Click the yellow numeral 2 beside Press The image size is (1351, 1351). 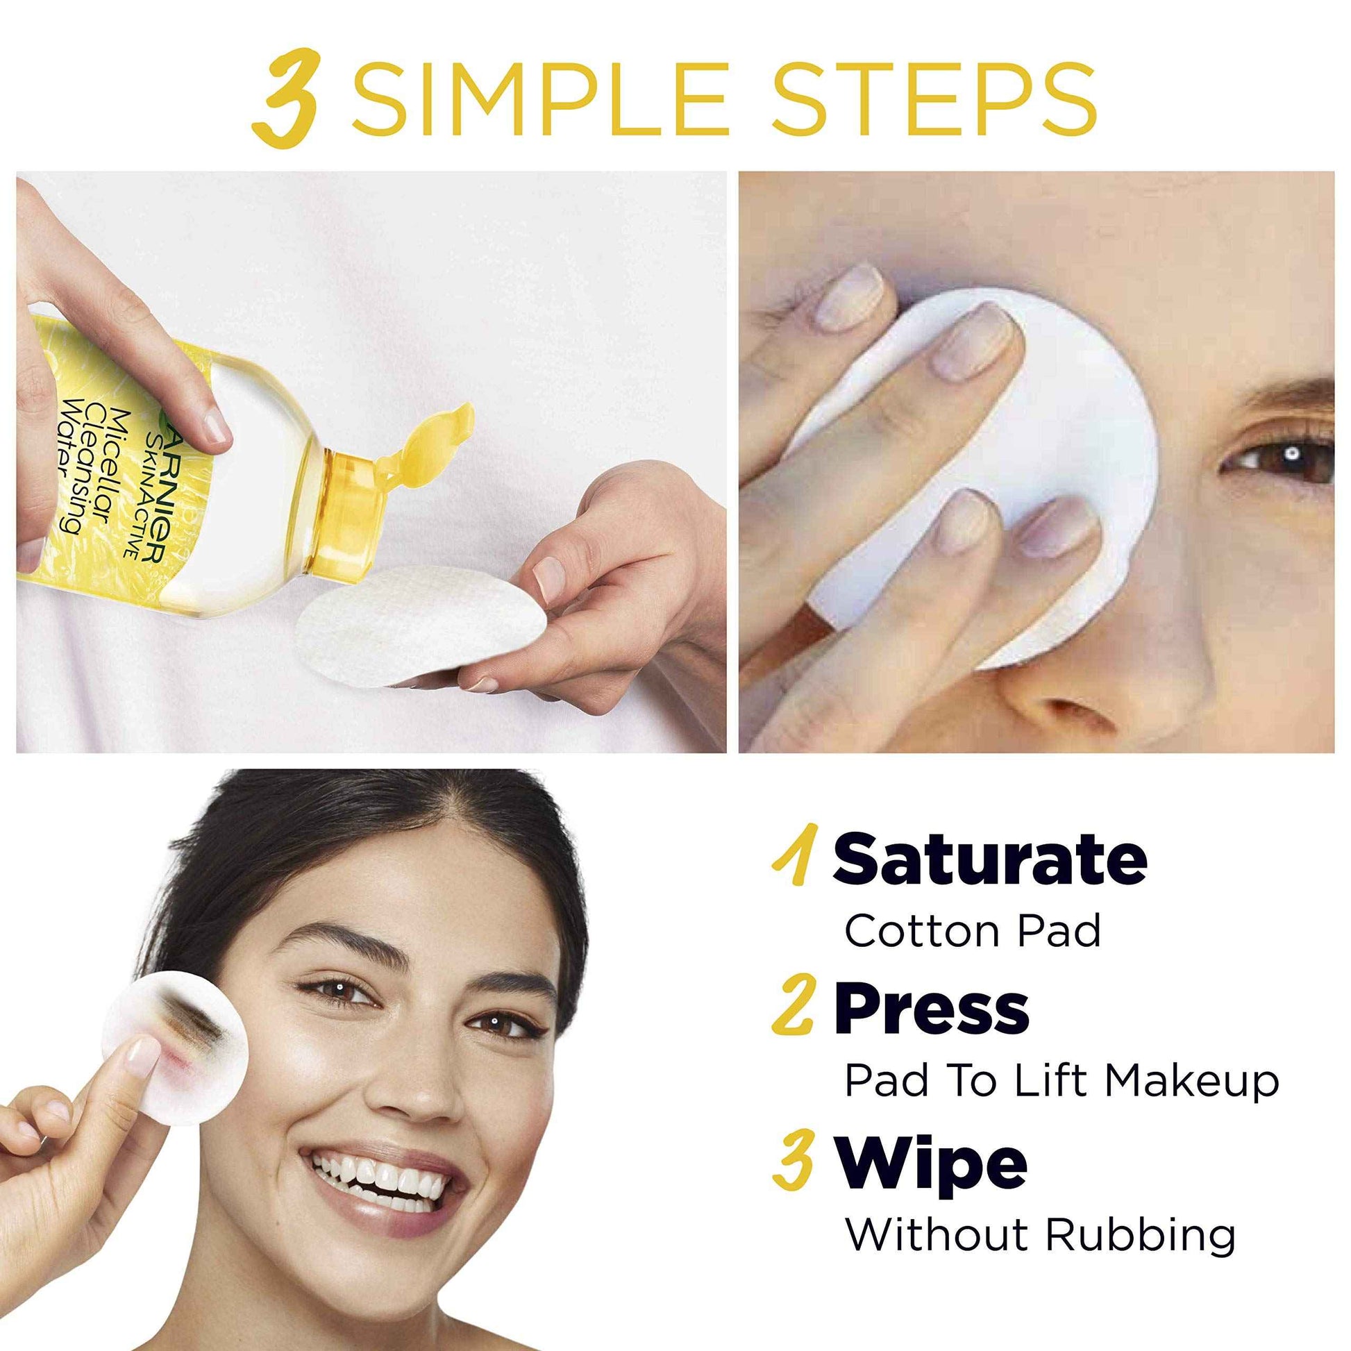793,1009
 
